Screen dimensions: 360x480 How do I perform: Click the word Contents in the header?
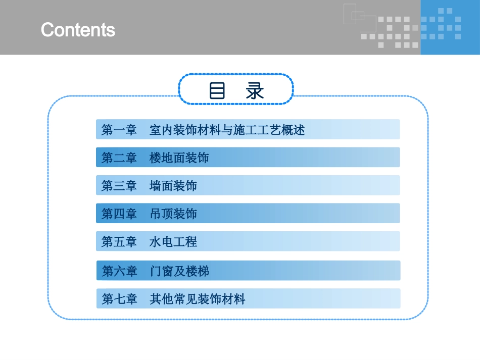[x=78, y=30]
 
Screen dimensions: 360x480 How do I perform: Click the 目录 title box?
[x=236, y=89]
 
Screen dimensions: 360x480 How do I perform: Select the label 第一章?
[x=119, y=130]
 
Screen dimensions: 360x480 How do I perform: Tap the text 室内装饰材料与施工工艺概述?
[x=227, y=130]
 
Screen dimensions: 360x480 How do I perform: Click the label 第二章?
[x=119, y=158]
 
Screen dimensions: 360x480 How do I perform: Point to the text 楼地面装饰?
[x=179, y=158]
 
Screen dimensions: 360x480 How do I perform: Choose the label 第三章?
[x=119, y=186]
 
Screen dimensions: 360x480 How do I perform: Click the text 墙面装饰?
[x=173, y=186]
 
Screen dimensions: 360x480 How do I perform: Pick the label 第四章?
[x=119, y=214]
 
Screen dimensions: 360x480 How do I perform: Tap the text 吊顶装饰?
[x=173, y=214]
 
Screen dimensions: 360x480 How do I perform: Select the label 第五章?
[x=119, y=242]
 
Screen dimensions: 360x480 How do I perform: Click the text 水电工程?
[x=173, y=242]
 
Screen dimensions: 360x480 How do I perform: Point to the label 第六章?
[x=120, y=271]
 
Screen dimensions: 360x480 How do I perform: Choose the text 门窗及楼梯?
[x=179, y=271]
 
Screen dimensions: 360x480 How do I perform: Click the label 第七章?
[x=120, y=299]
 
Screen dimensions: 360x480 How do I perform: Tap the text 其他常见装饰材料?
[x=198, y=299]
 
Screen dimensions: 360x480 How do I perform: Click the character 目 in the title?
[x=217, y=90]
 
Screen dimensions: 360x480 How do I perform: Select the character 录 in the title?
[x=255, y=90]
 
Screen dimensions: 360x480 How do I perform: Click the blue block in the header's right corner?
[x=450, y=27]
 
